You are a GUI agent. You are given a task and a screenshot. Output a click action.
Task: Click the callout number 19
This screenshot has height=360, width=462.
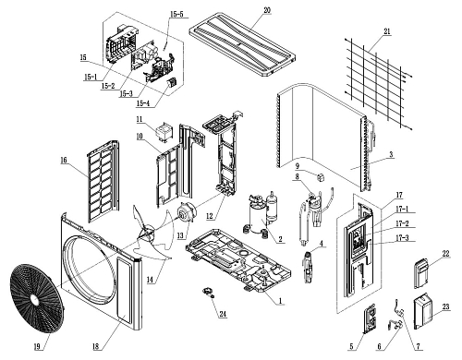(x=37, y=346)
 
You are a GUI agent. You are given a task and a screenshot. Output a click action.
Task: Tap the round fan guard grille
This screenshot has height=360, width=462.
(x=37, y=298)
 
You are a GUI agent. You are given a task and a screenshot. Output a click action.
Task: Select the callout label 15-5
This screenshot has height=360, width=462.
(x=176, y=14)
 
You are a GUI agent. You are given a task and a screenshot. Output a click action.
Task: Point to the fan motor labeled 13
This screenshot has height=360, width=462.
(x=185, y=214)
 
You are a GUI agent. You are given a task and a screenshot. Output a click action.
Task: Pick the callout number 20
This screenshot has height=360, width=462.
(x=267, y=10)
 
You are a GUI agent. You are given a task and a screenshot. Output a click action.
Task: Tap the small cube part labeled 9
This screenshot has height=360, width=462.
(x=322, y=177)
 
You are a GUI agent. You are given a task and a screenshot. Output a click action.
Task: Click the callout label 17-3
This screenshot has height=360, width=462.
(x=402, y=238)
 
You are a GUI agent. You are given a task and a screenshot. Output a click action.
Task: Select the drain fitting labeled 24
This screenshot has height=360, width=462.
(x=209, y=292)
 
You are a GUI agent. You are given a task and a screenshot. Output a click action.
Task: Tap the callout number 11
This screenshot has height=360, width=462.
(x=140, y=119)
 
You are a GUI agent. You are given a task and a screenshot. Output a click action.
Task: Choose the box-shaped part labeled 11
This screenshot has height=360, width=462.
(x=164, y=132)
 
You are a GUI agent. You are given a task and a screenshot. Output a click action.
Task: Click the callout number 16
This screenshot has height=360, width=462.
(x=64, y=161)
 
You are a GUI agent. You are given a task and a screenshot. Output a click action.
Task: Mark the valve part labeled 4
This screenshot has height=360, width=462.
(x=309, y=267)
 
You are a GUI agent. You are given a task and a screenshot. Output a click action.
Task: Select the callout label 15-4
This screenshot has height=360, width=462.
(x=142, y=103)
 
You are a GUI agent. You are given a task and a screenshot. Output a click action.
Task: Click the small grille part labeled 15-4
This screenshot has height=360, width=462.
(x=171, y=82)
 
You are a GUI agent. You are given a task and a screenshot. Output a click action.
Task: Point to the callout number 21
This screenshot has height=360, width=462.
(x=387, y=31)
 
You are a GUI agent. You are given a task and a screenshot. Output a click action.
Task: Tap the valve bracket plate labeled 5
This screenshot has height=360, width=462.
(x=371, y=318)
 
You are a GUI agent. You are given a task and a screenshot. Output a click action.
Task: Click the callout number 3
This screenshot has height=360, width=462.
(x=391, y=154)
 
